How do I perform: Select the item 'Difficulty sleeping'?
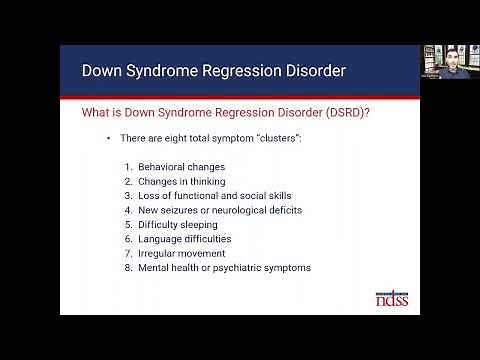tap(177, 225)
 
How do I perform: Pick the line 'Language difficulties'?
tap(185, 239)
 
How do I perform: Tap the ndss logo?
tap(390, 300)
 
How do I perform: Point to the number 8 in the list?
tap(128, 268)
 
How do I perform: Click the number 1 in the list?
tap(128, 166)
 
